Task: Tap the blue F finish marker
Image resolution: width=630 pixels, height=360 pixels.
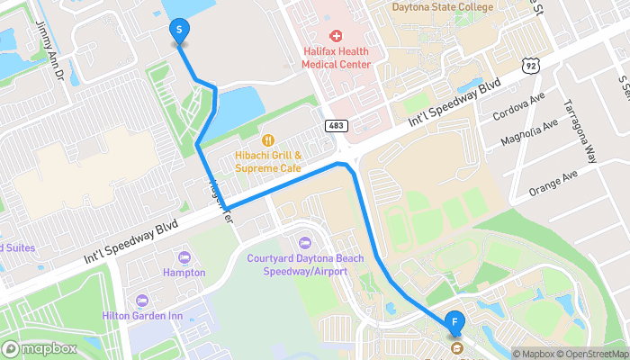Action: click(x=456, y=321)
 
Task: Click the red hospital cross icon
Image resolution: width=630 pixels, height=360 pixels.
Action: click(x=336, y=36)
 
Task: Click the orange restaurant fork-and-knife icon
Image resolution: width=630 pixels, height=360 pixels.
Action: click(x=268, y=139)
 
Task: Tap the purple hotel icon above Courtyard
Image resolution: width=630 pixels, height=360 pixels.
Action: click(x=304, y=242)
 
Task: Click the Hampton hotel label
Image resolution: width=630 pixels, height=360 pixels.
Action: click(x=184, y=273)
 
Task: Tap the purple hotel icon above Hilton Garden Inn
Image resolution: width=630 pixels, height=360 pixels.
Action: click(x=141, y=300)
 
